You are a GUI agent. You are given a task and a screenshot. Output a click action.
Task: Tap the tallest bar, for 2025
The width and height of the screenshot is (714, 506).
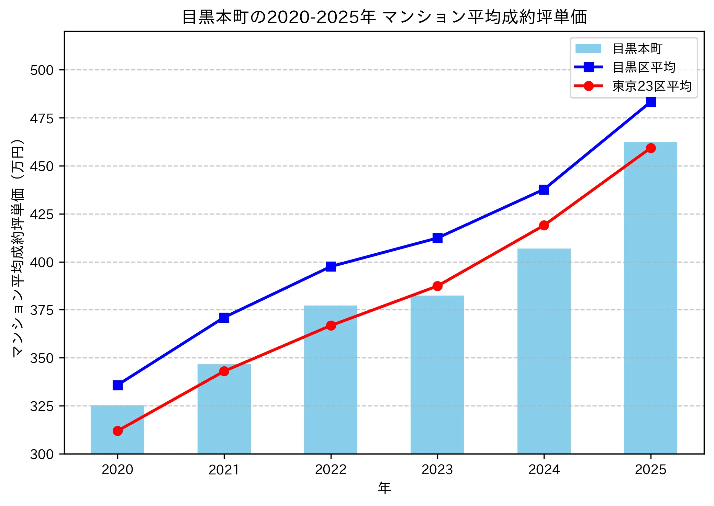pos(650,299)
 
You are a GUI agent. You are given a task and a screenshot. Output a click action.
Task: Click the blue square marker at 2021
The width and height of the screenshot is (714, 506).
pos(224,318)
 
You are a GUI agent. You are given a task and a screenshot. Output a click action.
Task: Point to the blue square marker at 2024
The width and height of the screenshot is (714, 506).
pos(544,189)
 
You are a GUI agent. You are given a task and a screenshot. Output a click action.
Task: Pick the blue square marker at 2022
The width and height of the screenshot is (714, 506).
pos(331,266)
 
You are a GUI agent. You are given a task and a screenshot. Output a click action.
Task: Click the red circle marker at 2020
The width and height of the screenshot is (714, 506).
pos(118,431)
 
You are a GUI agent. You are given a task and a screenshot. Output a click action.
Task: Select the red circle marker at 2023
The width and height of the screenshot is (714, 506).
pos(437,286)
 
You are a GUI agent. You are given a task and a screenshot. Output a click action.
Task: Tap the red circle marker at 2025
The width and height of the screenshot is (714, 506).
pos(651,148)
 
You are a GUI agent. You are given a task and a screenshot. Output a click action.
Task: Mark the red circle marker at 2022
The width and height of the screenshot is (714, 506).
pos(331,325)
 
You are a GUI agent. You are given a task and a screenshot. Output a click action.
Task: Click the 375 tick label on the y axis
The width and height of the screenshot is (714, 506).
pos(42,310)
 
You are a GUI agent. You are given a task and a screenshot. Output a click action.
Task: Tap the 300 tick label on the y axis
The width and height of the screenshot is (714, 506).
pos(42,454)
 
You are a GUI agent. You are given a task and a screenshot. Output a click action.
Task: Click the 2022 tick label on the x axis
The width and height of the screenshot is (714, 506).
pos(331,470)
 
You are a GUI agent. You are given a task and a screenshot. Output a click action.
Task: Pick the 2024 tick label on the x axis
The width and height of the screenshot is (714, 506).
pos(544,470)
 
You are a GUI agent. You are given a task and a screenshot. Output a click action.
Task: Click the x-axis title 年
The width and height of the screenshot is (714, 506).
pos(384,488)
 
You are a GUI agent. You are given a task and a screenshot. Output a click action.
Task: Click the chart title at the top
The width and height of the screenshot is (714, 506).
pos(384,16)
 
